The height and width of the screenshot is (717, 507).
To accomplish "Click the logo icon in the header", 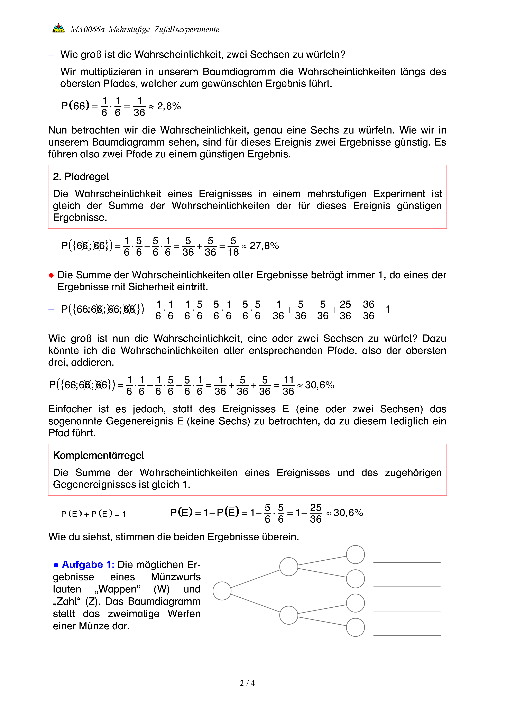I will (x=58, y=28).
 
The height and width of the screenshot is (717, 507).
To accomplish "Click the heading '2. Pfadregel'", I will (x=81, y=177).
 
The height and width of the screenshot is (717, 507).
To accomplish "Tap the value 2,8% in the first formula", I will (x=169, y=106).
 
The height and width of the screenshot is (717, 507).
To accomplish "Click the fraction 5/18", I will (x=233, y=246).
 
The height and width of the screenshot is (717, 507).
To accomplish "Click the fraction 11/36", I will (x=288, y=386).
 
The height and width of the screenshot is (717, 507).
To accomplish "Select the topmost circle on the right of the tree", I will (x=355, y=555).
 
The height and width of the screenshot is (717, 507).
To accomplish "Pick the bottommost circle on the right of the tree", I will (x=355, y=627).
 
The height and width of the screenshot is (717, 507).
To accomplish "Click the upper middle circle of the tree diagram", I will (x=288, y=567).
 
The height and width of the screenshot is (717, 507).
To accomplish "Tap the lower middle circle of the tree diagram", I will (x=288, y=615).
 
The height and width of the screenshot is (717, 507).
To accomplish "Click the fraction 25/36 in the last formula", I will (x=316, y=513).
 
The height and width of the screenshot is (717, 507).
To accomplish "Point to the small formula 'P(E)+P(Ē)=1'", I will (x=93, y=514).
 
